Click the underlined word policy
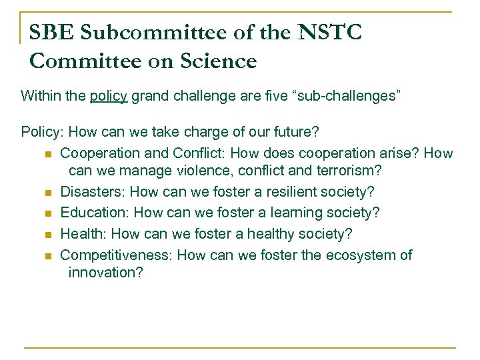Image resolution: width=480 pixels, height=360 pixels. [109, 96]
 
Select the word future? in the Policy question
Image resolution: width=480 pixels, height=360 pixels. [295, 131]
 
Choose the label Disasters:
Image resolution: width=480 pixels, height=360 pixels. [93, 192]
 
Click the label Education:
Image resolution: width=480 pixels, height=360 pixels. [95, 213]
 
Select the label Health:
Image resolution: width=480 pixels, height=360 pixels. [84, 234]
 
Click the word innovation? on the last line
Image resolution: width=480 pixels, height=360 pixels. [105, 273]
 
